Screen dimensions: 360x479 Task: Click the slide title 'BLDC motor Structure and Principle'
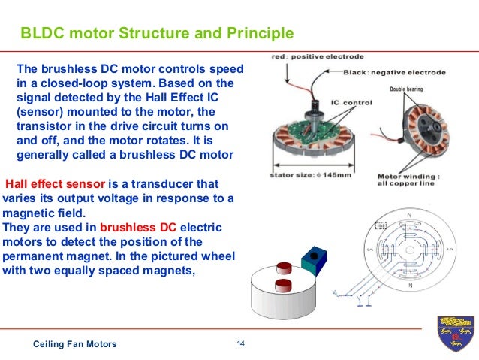(x=156, y=34)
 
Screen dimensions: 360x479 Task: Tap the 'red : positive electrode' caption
(x=308, y=56)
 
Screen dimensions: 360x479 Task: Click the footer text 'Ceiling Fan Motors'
(x=75, y=344)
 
